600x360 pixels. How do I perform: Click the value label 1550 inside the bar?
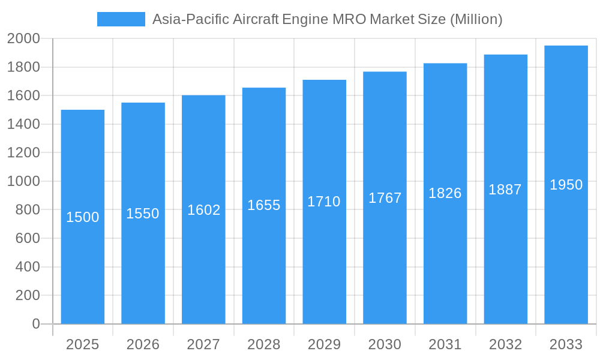click(143, 214)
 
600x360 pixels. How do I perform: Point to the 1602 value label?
click(203, 210)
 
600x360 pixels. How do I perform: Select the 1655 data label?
click(264, 205)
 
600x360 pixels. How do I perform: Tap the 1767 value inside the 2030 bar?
click(385, 198)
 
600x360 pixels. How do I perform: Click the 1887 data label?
click(505, 190)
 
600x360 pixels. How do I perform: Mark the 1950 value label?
click(566, 185)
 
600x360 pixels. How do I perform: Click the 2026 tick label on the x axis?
click(143, 344)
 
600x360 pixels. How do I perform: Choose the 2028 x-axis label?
click(264, 344)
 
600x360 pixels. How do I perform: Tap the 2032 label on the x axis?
click(505, 344)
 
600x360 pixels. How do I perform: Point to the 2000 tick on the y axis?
click(23, 39)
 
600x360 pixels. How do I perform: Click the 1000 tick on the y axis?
click(23, 181)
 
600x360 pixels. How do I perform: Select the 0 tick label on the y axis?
click(36, 324)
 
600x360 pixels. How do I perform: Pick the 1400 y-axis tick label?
click(23, 124)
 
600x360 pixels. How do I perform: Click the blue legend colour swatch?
click(121, 19)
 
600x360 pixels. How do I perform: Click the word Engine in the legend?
click(305, 19)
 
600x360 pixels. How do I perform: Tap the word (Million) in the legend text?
click(476, 19)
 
